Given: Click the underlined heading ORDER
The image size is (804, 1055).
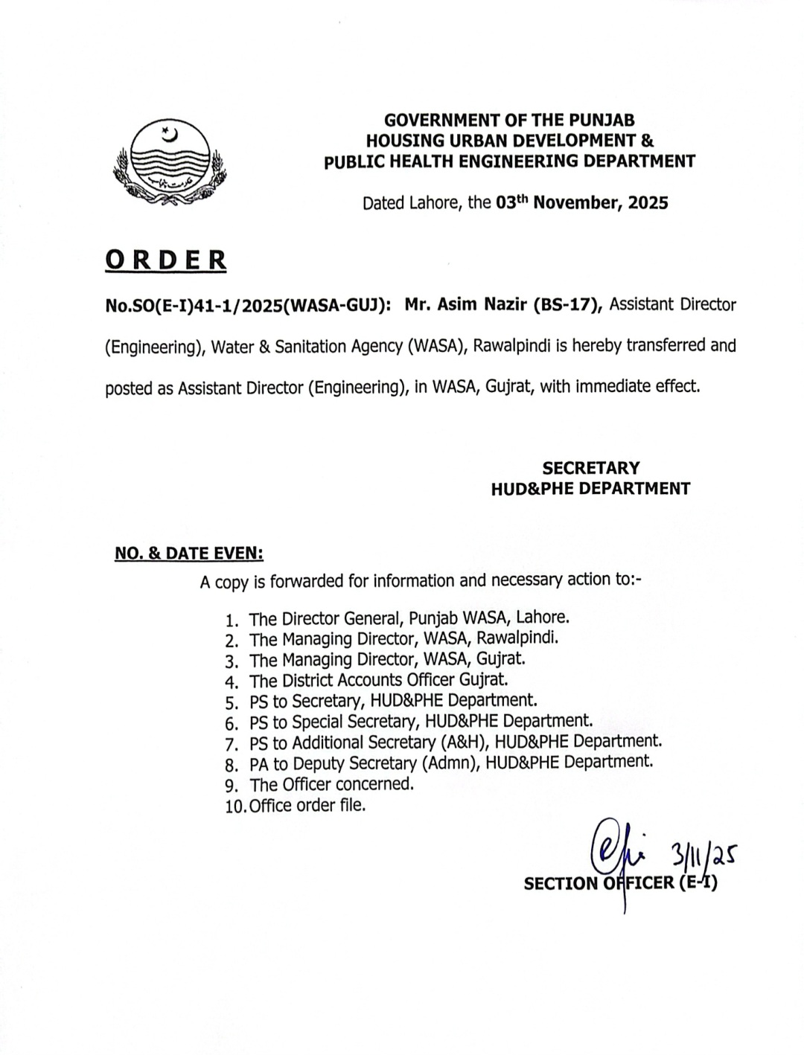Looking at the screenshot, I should tap(166, 260).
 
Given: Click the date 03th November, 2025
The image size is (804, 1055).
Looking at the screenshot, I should tap(581, 202).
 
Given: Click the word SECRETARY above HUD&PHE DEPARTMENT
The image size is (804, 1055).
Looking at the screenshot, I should tap(590, 468).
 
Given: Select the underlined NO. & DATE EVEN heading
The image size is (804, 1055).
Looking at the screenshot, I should tap(189, 553).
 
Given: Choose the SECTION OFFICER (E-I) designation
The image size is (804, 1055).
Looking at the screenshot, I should tap(620, 883).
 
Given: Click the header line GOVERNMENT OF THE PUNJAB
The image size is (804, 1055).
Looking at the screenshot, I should tap(509, 120).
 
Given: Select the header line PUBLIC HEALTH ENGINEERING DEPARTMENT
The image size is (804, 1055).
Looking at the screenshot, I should tap(509, 161).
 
